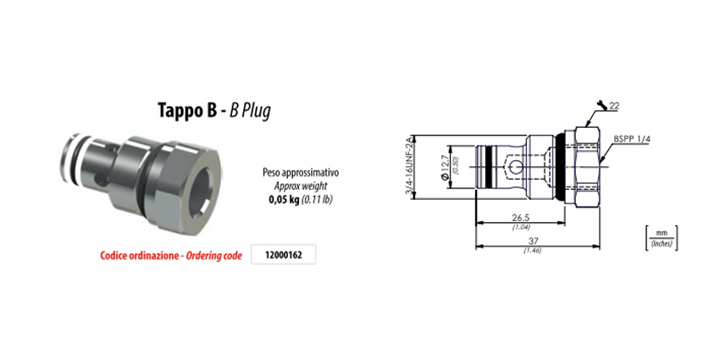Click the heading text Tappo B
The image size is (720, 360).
[186, 110]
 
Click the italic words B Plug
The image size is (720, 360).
[250, 111]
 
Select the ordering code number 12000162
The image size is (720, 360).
[284, 256]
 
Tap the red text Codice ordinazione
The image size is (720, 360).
[139, 256]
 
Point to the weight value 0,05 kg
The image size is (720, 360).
[283, 200]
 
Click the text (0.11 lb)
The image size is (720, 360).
[316, 200]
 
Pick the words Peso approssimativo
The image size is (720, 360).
[301, 173]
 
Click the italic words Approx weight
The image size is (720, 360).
[301, 186]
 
